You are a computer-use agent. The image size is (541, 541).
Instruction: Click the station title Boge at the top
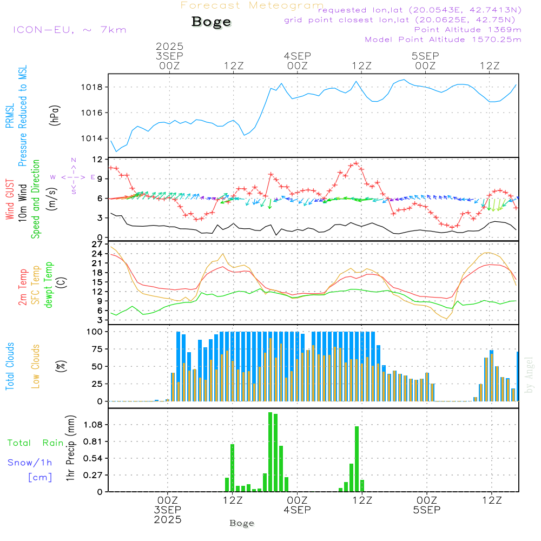point(211,22)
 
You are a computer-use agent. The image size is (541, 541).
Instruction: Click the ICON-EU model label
point(69,29)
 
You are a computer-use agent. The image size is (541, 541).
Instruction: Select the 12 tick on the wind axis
point(97,160)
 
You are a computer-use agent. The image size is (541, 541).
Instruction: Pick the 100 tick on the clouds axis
point(94,332)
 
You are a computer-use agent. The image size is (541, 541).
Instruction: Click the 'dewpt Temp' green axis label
point(49,285)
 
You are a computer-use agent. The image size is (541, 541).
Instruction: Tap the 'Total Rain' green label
point(35,443)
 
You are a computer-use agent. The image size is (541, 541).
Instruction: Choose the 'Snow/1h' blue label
point(30,463)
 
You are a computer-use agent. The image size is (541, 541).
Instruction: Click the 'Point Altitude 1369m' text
point(467,29)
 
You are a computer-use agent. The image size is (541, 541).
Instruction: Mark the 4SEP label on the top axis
point(297,56)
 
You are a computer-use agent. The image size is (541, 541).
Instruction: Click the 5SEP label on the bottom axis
point(427,510)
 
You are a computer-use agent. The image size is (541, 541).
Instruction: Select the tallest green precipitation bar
point(270,452)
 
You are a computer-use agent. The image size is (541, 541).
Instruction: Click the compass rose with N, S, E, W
point(74,177)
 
